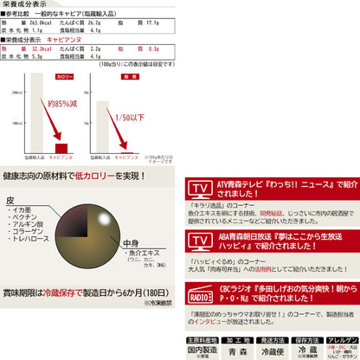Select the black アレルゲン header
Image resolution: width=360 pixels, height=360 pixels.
tap(341, 340)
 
